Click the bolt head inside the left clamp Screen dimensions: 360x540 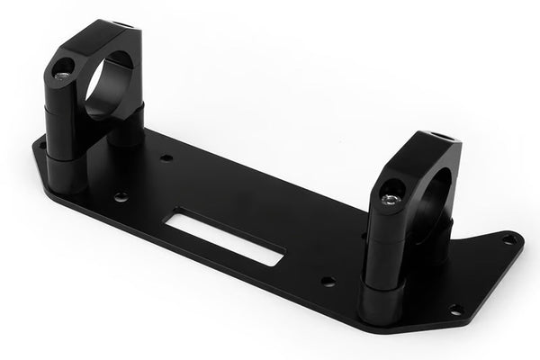(x=62, y=67)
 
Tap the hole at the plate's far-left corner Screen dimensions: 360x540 (x=40, y=141)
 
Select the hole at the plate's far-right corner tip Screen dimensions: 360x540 (x=510, y=238)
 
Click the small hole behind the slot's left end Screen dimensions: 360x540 (x=167, y=158)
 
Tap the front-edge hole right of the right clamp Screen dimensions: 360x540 (x=455, y=309)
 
